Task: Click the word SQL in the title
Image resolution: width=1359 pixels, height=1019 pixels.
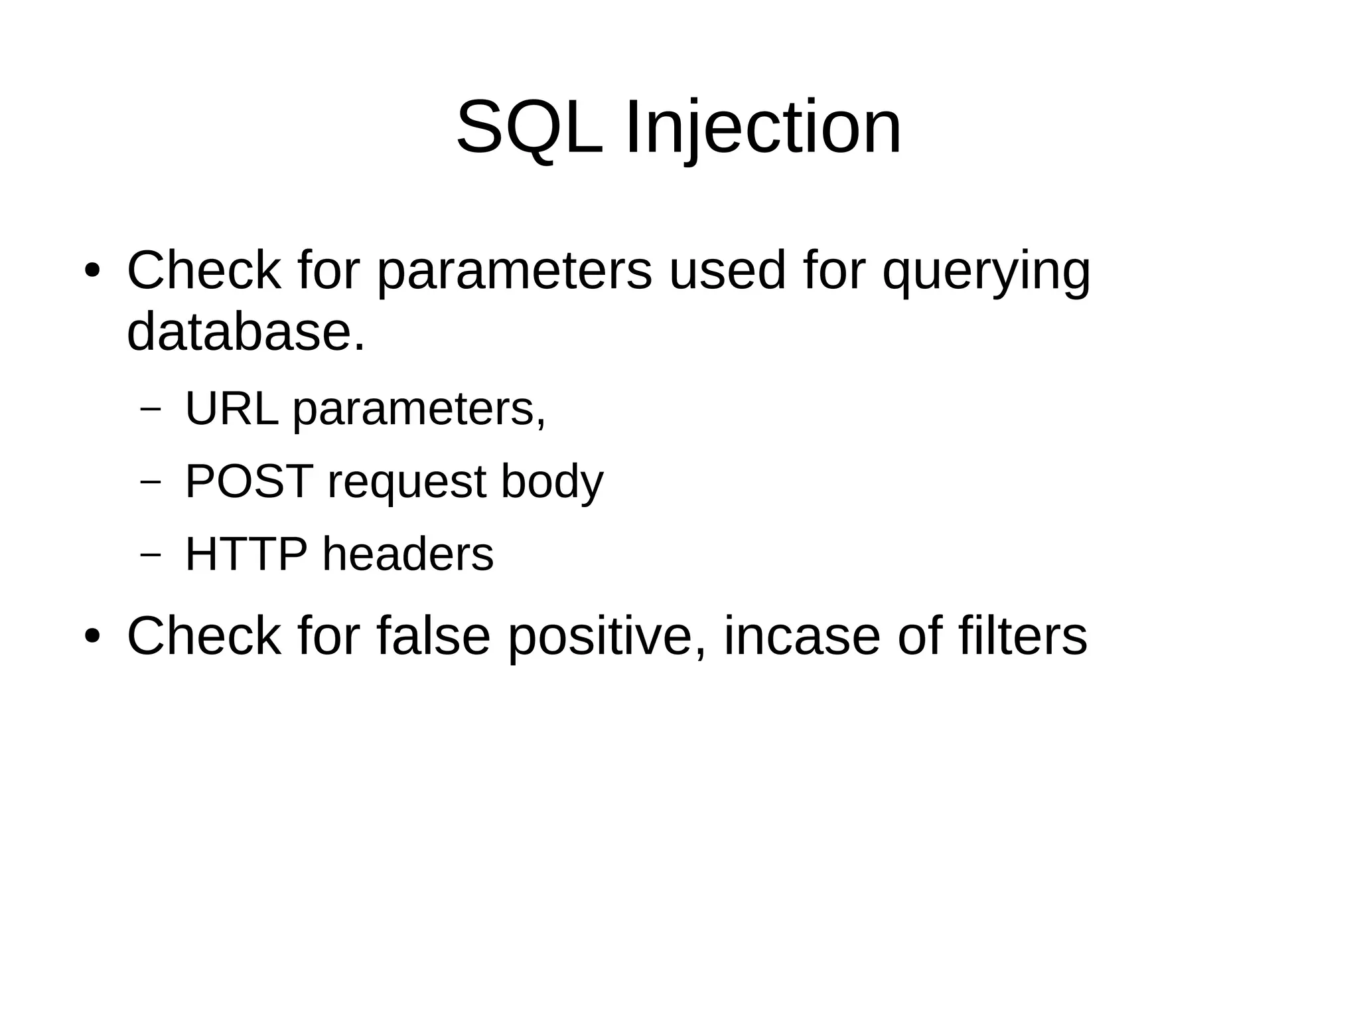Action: (x=530, y=127)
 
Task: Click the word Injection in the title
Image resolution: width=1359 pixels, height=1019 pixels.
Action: (x=763, y=127)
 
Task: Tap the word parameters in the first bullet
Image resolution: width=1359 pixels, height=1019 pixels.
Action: (x=514, y=272)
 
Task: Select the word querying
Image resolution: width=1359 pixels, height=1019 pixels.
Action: (x=986, y=272)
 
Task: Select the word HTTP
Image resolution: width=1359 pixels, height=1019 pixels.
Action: (x=246, y=554)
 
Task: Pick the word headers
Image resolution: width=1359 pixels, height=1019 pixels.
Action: (x=407, y=554)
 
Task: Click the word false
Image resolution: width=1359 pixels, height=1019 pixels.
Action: (x=433, y=636)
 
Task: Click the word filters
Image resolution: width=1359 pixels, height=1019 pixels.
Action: (x=1023, y=636)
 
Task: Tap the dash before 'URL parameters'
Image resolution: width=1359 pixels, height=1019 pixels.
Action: (x=151, y=410)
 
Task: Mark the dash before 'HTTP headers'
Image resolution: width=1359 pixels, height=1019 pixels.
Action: (x=151, y=555)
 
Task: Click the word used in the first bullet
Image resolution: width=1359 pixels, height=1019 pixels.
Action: (x=727, y=272)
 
